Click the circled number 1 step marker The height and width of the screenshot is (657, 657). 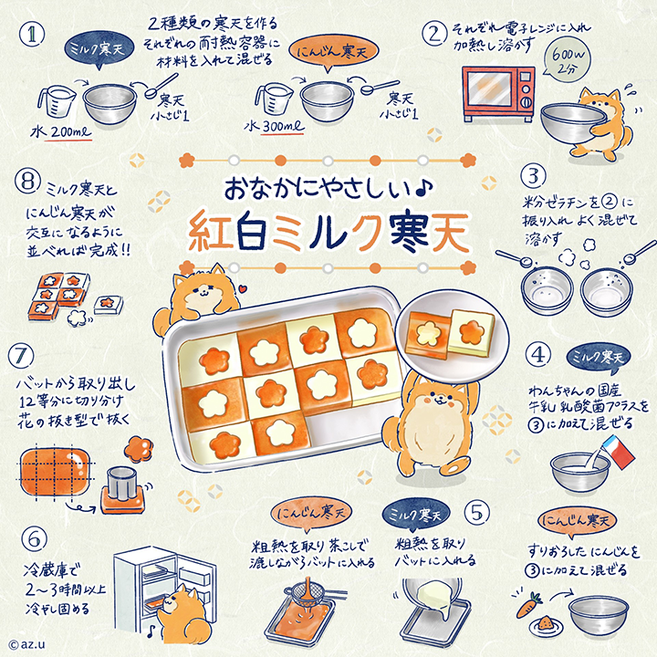coord(34,34)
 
